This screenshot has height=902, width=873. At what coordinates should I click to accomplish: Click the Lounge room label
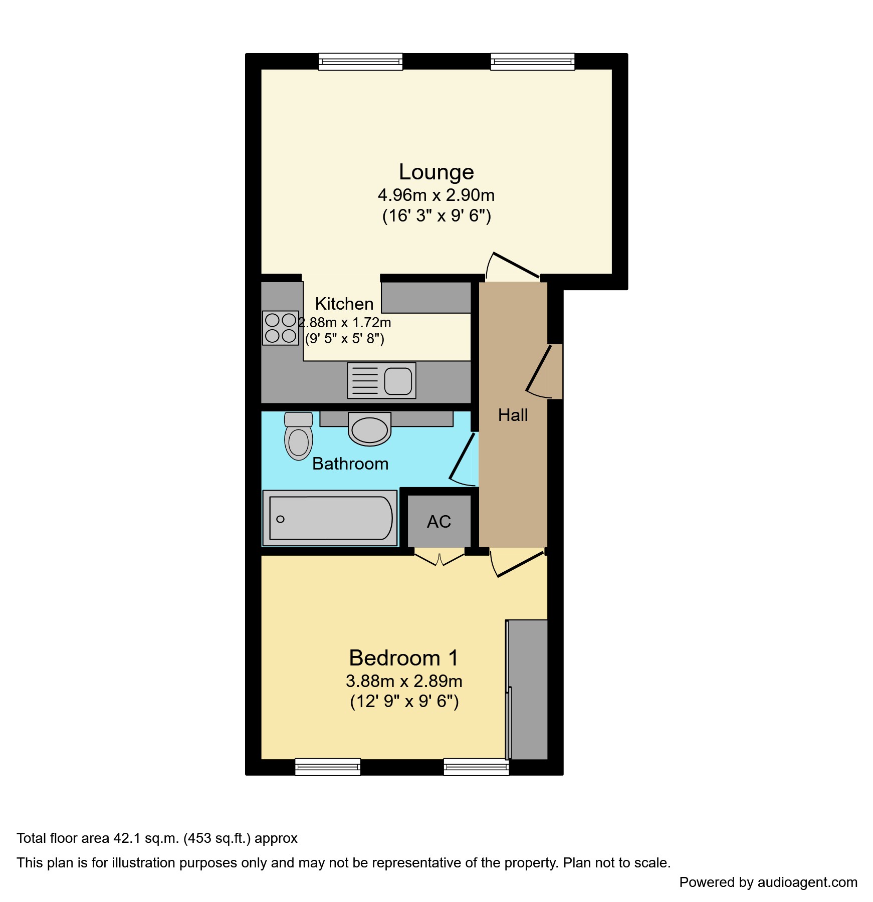[x=436, y=172]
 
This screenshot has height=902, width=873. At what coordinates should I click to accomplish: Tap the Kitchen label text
[x=344, y=304]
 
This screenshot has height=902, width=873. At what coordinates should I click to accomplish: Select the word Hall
[x=513, y=415]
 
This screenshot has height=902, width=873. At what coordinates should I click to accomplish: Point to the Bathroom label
[x=350, y=464]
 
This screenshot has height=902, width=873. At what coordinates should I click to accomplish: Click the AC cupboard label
[x=439, y=522]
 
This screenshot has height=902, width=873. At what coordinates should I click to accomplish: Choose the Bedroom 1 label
[x=404, y=658]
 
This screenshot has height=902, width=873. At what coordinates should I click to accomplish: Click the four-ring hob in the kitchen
[x=281, y=328]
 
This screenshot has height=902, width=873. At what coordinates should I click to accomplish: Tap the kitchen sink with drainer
[x=382, y=381]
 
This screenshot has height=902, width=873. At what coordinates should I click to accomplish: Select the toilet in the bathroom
[x=299, y=436]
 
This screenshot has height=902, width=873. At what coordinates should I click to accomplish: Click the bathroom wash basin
[x=370, y=429]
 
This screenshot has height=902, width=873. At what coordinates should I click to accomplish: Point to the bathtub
[x=330, y=518]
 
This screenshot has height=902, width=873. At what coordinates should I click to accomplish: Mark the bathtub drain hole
[x=281, y=519]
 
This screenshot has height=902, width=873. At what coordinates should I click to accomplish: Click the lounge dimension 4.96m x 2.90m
[x=436, y=195]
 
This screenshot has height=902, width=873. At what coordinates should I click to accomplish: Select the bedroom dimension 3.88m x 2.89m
[x=404, y=681]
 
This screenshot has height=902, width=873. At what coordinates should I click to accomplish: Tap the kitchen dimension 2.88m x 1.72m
[x=345, y=323]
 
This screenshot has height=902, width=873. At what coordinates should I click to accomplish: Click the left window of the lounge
[x=361, y=62]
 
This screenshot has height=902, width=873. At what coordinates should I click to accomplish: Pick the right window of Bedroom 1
[x=476, y=767]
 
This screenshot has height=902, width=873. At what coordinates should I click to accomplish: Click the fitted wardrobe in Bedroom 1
[x=527, y=690]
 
